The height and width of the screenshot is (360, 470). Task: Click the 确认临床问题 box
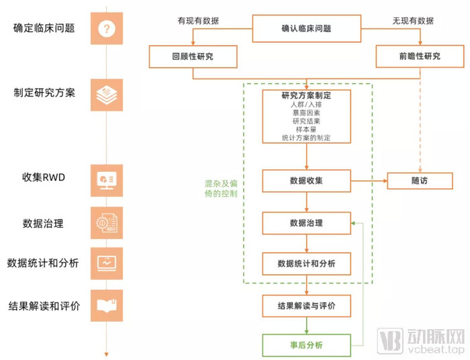306,28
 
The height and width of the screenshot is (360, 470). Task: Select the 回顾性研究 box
193,56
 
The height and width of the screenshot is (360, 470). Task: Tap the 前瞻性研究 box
420,56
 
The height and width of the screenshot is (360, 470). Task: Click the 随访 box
420,181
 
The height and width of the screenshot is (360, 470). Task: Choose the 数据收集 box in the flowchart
306,181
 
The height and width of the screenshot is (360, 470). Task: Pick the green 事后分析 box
306,345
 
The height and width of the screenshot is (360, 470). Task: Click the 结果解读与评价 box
306,306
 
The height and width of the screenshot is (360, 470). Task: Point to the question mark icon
107,28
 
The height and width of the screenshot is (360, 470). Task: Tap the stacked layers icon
107,95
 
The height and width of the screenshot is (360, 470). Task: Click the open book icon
107,306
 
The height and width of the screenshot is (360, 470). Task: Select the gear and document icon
107,223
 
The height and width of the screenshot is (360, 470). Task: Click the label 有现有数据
198,21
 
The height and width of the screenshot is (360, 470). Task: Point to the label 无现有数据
413,21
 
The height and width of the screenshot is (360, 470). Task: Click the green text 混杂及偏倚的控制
221,189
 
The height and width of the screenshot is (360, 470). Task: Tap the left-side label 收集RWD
44,177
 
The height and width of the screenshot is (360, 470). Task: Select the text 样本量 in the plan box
306,130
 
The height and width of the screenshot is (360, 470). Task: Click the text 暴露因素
306,113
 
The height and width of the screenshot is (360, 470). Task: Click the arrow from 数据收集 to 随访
369,181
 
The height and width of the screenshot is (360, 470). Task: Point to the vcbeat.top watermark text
436,349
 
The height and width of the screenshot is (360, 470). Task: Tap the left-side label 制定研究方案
44,93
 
